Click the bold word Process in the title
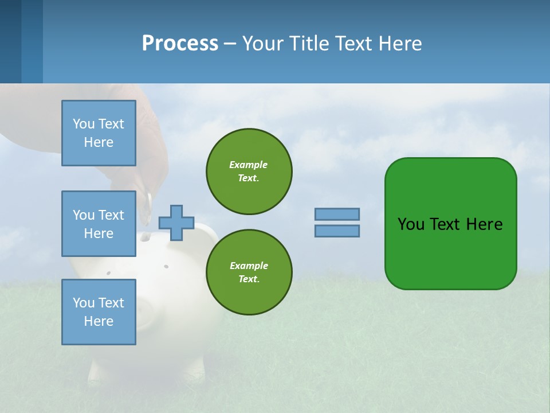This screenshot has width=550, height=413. pyautogui.click(x=180, y=43)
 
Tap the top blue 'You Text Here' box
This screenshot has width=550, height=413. pyautogui.click(x=99, y=133)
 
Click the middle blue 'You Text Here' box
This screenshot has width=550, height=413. pyautogui.click(x=99, y=224)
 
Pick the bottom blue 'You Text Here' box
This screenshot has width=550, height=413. pyautogui.click(x=99, y=312)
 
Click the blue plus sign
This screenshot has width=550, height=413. pyautogui.click(x=176, y=223)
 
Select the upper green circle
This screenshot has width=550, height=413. pyautogui.click(x=249, y=171)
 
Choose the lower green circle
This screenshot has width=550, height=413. pyautogui.click(x=249, y=272)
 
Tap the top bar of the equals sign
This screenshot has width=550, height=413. pyautogui.click(x=337, y=214)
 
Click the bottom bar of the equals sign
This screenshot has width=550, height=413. pyautogui.click(x=337, y=231)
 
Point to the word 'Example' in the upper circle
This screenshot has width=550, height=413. pyautogui.click(x=249, y=165)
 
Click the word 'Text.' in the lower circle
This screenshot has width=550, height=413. pyautogui.click(x=249, y=279)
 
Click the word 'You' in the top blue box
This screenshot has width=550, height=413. pyautogui.click(x=84, y=124)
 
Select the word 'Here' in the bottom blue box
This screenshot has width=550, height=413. pyautogui.click(x=99, y=321)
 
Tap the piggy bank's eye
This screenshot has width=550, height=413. pyautogui.click(x=166, y=266)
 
